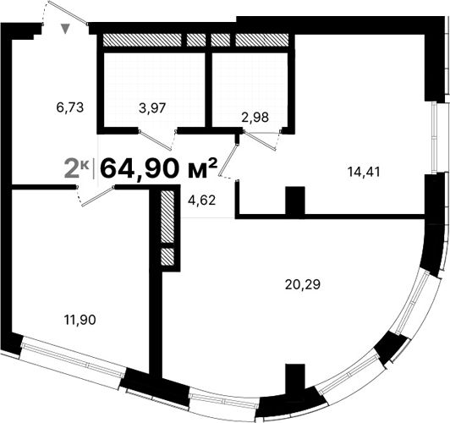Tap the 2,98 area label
(255, 118)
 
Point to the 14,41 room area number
(363, 169)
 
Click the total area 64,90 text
(140, 168)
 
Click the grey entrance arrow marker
(66, 30)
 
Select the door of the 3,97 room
(156, 136)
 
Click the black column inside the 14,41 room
(294, 201)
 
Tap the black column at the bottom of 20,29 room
(294, 381)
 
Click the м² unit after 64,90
(201, 168)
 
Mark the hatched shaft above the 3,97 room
(140, 40)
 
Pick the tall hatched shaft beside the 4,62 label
(167, 220)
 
